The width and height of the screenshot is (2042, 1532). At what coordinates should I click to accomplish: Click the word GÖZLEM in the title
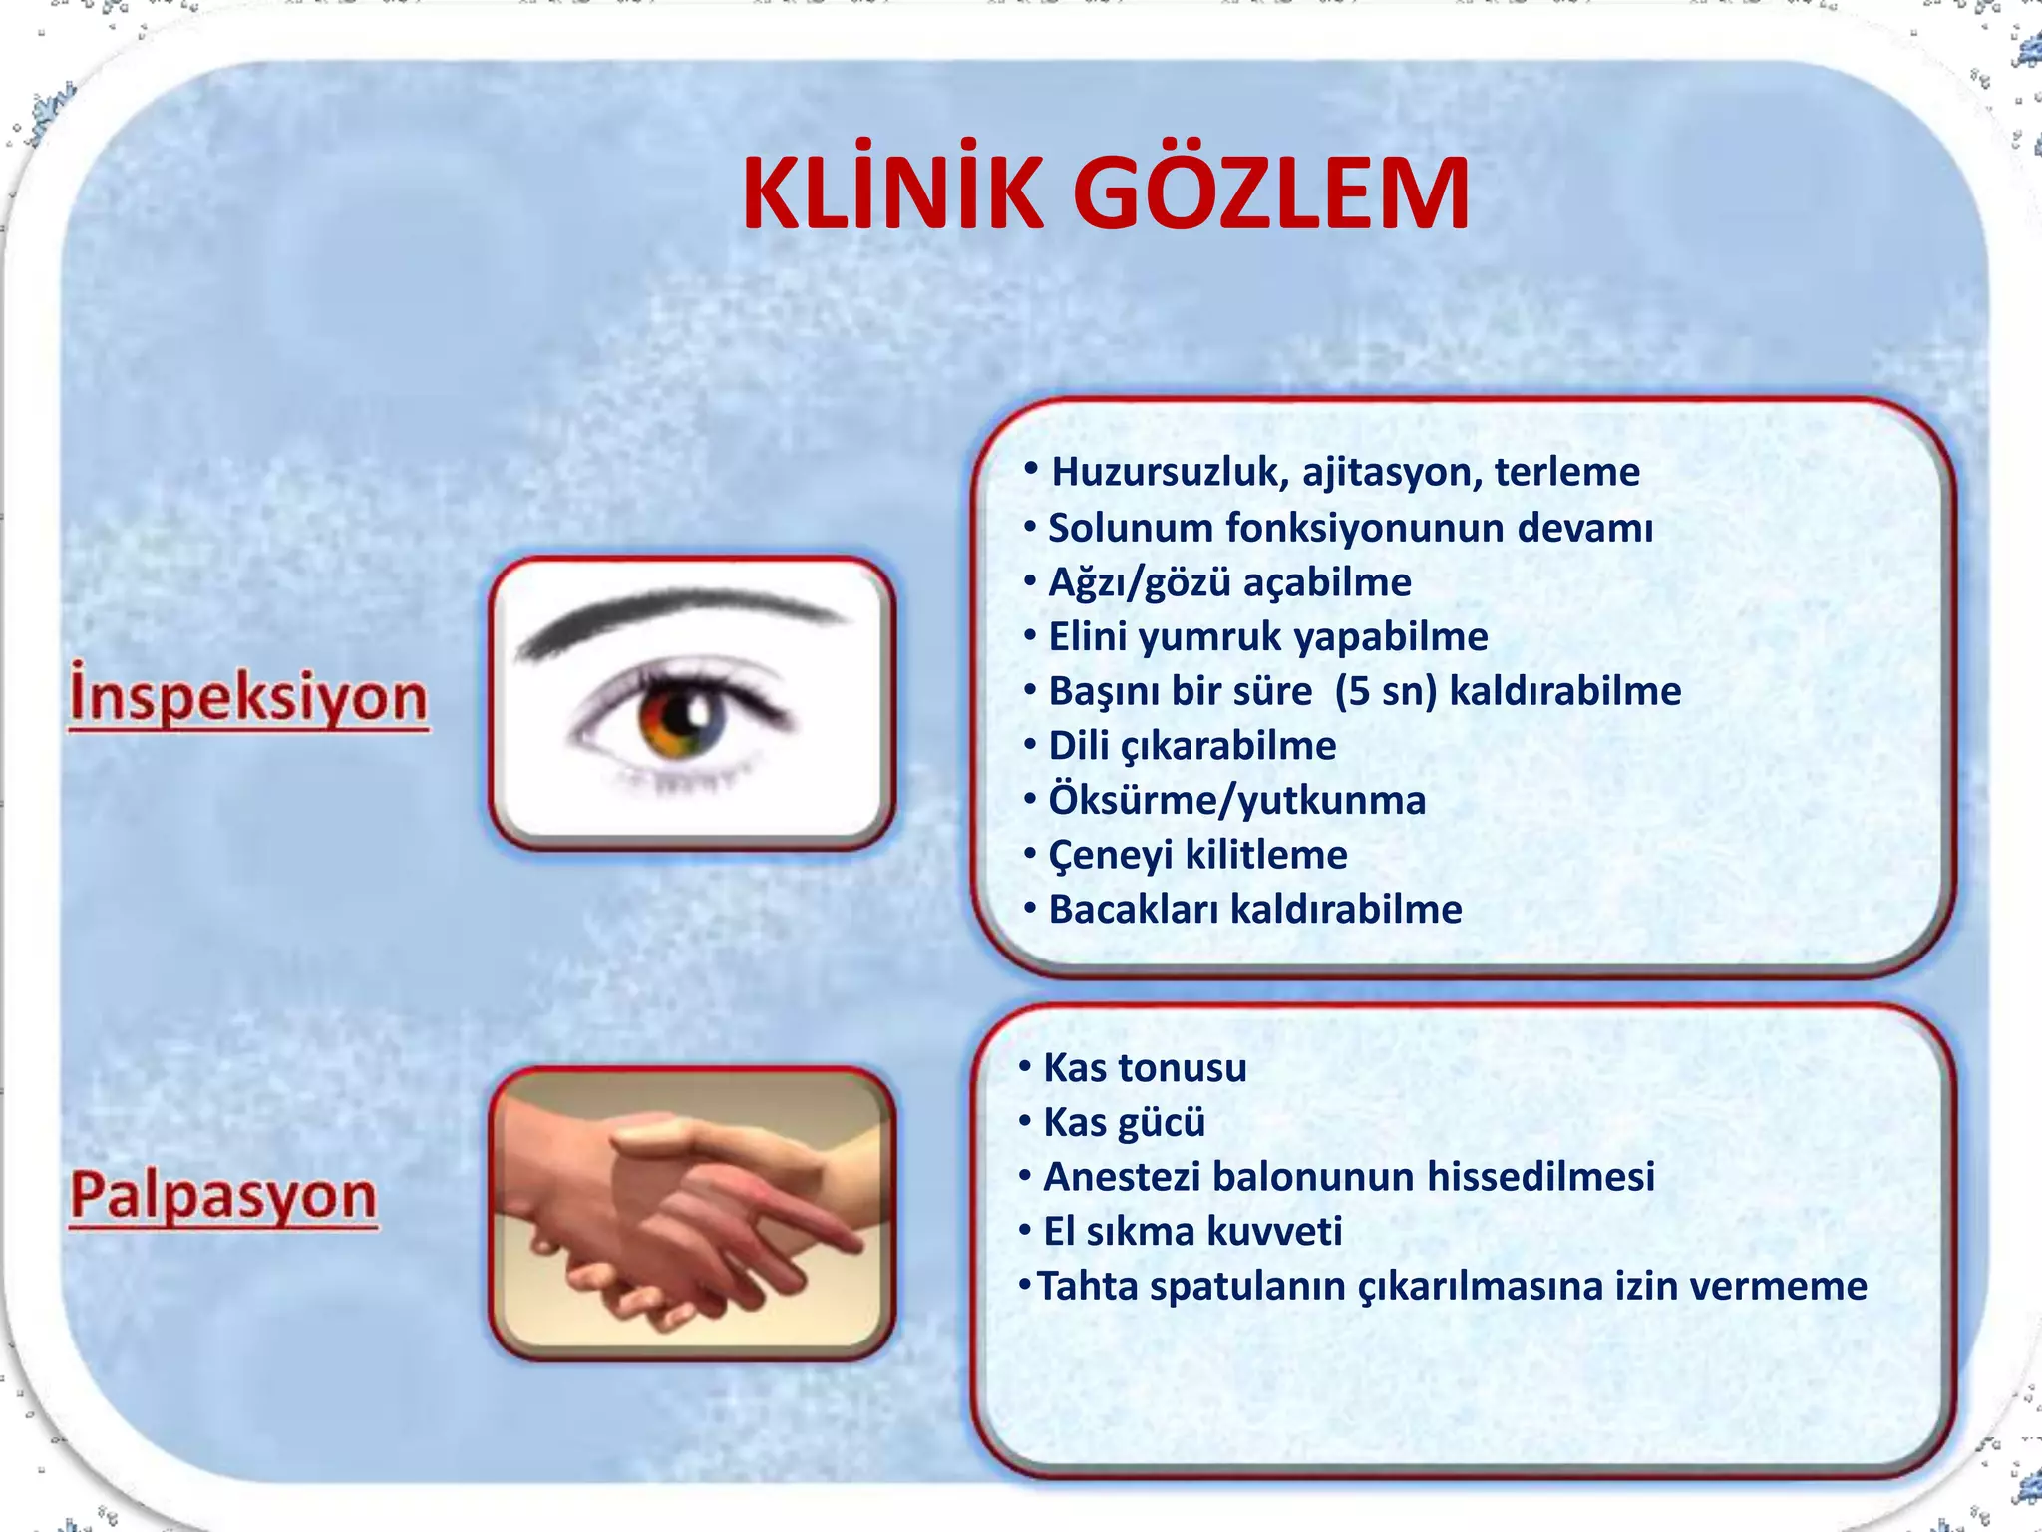(x=1270, y=194)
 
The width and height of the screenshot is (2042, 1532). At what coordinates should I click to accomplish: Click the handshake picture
(x=691, y=1213)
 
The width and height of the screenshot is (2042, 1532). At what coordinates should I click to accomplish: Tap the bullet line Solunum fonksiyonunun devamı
(x=1349, y=528)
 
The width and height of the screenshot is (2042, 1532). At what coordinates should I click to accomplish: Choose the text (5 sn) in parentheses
(x=1386, y=691)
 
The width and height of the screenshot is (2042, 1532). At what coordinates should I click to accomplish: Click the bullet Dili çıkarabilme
(x=1191, y=746)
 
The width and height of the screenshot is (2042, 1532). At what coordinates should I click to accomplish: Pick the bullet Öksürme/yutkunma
(x=1236, y=801)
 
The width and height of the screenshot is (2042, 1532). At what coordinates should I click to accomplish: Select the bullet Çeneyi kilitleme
(x=1197, y=855)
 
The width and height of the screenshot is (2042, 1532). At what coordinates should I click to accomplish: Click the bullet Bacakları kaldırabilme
(x=1254, y=910)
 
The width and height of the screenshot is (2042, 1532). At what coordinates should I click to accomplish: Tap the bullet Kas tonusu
(x=1144, y=1068)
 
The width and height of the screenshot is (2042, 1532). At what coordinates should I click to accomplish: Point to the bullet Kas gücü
(x=1124, y=1123)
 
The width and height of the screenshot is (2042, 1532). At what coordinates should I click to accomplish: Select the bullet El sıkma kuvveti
(x=1191, y=1232)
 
